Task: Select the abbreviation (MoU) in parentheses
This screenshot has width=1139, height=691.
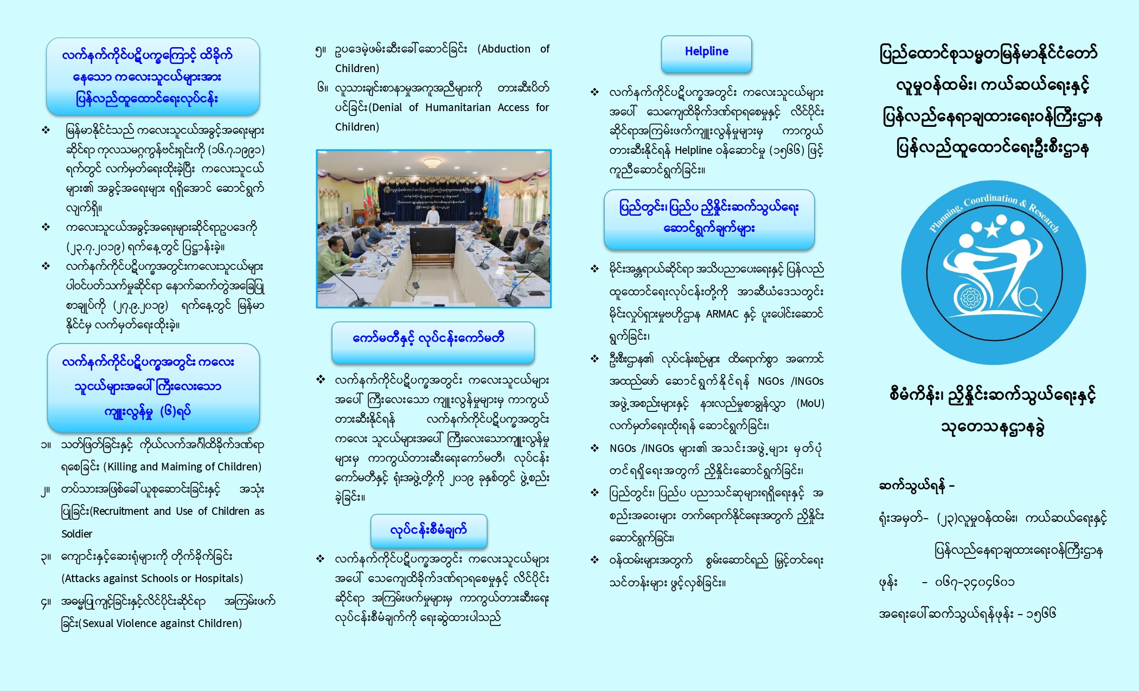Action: [810, 403]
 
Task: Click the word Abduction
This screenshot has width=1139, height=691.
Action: [505, 49]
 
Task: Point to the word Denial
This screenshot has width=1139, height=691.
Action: [386, 107]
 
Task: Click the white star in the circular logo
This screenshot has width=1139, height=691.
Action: [992, 229]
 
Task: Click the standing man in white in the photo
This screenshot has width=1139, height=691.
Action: [432, 216]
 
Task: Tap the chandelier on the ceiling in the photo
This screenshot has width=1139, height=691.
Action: [432, 162]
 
